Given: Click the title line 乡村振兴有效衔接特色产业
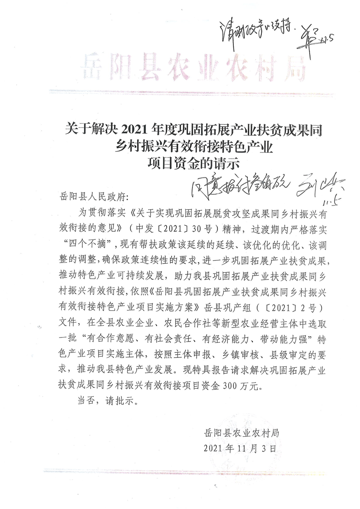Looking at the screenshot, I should click(x=181, y=147).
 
